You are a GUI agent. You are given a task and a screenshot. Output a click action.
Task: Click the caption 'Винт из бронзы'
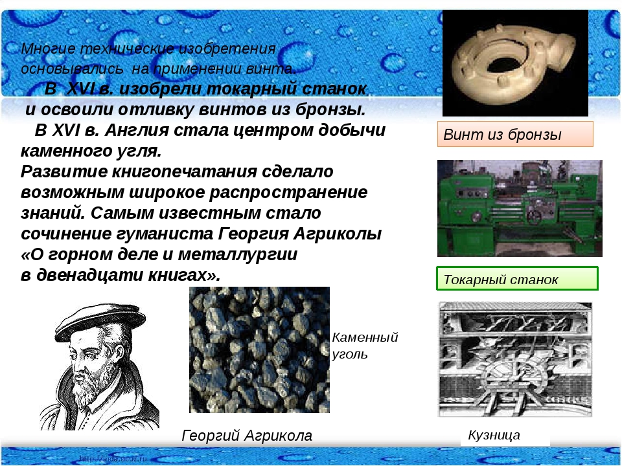tap(502, 135)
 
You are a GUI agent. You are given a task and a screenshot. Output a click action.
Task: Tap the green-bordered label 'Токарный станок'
tap(501, 280)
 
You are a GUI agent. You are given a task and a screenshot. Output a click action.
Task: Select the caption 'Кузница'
tap(494, 435)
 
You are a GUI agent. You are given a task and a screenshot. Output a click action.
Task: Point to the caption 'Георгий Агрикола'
tap(247, 436)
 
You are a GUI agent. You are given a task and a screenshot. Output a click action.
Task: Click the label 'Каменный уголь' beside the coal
tap(365, 346)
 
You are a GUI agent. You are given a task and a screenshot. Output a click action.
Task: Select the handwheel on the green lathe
tap(535, 217)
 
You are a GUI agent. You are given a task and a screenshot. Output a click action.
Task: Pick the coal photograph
tap(259, 349)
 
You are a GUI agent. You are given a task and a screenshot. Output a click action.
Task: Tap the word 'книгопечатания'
tap(184, 172)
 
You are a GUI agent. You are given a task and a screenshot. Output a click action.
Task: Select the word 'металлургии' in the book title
tap(237, 254)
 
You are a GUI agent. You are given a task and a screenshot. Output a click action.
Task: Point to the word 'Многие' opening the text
tap(48, 49)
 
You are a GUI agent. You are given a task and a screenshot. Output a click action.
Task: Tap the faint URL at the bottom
tap(113, 459)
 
